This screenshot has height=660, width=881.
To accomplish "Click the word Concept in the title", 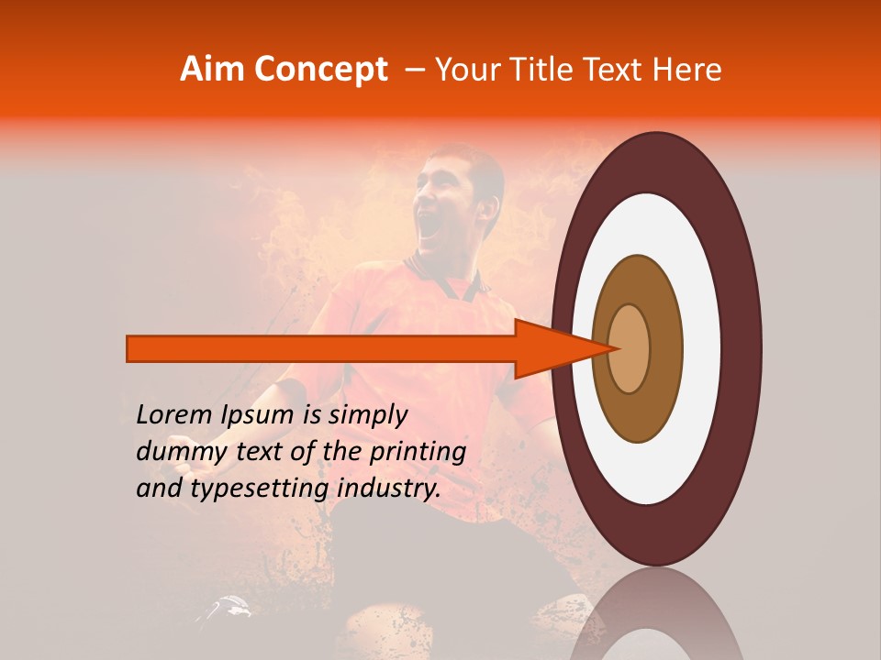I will point(321,70).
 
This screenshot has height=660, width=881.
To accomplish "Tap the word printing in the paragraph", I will point(418,453).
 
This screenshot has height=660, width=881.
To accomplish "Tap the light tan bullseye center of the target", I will point(630,348).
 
